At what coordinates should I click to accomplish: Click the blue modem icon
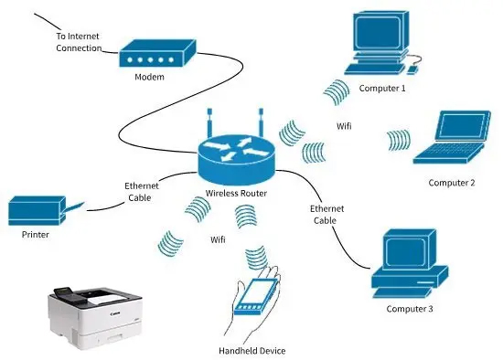(157, 53)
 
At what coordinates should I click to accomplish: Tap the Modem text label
(149, 77)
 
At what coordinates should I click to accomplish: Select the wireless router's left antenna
(209, 122)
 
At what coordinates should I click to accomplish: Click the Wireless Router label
(236, 194)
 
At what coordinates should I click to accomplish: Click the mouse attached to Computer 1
(412, 69)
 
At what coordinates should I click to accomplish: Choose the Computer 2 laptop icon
(452, 137)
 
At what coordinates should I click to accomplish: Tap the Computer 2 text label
(452, 183)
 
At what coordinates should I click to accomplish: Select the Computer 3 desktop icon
(410, 263)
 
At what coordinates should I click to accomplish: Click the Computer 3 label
(410, 309)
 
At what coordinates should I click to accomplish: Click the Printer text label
(36, 235)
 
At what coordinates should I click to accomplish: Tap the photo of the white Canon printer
(95, 317)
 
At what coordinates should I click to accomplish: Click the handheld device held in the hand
(256, 297)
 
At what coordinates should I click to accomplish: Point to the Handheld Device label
(252, 351)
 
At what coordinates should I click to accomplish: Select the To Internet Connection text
(79, 42)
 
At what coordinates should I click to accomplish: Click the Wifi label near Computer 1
(344, 126)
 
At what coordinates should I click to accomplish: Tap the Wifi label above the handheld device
(218, 239)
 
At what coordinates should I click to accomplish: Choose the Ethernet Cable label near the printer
(141, 192)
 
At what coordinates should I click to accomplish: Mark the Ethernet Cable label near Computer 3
(326, 215)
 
